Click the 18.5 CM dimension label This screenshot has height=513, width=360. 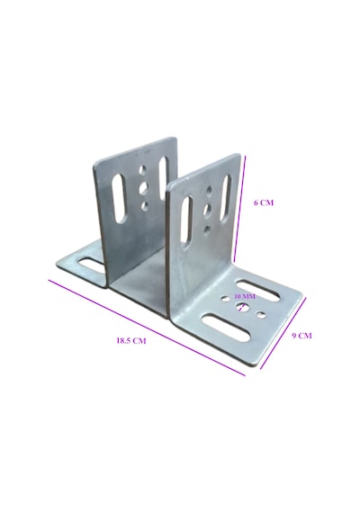point(131,340)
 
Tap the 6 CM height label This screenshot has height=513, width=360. point(264,202)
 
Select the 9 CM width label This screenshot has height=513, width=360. point(301,336)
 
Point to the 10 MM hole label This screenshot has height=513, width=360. point(245,296)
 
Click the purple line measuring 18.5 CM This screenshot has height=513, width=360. point(147,328)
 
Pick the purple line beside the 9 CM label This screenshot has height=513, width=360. point(283,333)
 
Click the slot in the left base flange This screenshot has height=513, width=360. point(91,265)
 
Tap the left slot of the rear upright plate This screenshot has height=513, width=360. point(119,199)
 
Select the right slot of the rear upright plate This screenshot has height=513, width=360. point(163,178)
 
